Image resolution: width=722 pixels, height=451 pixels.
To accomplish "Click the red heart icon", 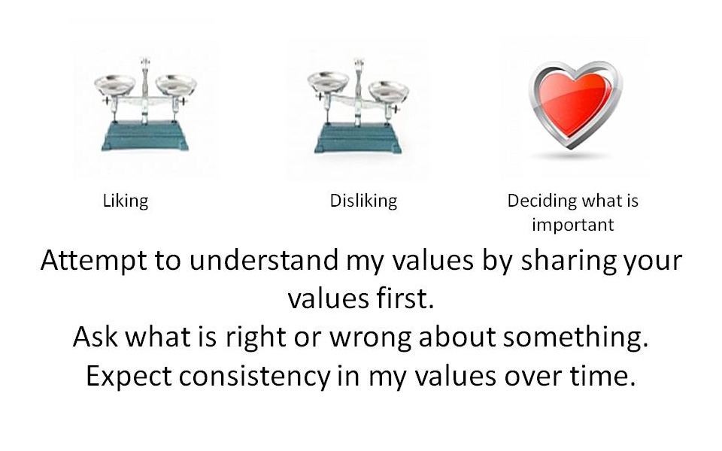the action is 575,104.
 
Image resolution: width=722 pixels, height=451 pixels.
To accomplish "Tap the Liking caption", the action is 126,201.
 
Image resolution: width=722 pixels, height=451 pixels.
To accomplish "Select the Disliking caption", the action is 363,201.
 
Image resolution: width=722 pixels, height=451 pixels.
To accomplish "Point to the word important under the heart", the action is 573,225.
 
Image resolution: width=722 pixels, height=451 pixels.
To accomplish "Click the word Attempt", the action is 93,261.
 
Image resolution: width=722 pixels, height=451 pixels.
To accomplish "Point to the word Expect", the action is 129,377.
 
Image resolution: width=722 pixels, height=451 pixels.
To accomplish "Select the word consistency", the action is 255,377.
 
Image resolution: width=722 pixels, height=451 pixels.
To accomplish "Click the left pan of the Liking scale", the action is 114,85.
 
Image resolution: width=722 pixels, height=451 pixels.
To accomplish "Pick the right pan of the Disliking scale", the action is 389,91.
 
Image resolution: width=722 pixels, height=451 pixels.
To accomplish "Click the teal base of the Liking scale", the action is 145,136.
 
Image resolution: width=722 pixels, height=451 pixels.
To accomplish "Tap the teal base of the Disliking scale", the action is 358,139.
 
